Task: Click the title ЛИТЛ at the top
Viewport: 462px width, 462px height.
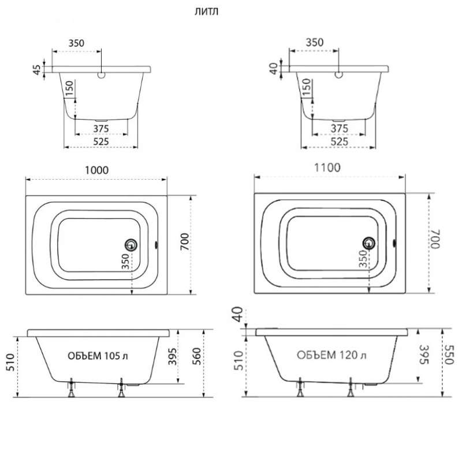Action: (x=206, y=12)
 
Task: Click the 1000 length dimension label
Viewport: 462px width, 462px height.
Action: (x=96, y=170)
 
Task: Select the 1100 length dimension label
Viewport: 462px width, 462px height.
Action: (x=327, y=167)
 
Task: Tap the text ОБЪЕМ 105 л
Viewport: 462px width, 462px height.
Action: (x=98, y=356)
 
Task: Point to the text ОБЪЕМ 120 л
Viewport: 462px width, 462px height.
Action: (x=331, y=355)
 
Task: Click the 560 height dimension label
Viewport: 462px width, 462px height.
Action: (x=196, y=356)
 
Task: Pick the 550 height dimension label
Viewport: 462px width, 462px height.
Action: (x=449, y=355)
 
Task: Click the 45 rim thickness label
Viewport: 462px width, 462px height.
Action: (x=37, y=70)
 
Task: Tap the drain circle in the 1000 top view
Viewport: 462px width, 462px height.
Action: (x=131, y=245)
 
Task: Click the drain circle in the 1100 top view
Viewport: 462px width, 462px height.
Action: (x=368, y=243)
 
